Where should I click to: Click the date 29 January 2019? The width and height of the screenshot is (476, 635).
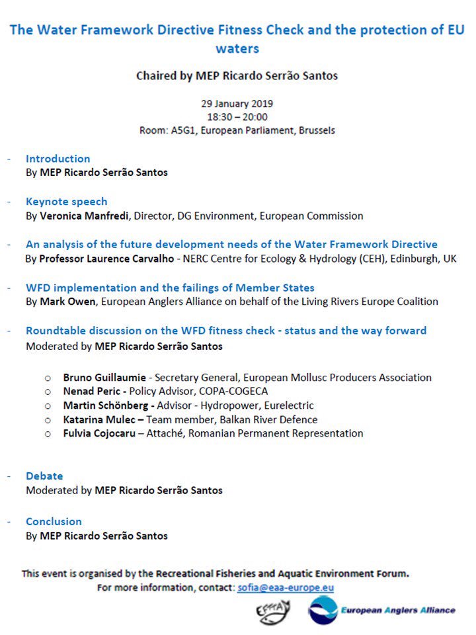(237, 104)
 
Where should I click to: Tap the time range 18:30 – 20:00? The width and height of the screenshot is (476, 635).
(237, 117)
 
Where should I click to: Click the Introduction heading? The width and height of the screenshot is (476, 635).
(58, 159)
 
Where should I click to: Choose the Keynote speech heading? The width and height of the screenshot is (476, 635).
(66, 202)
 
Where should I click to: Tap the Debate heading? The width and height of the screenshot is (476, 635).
(44, 476)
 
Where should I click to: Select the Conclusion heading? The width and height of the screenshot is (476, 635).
(54, 522)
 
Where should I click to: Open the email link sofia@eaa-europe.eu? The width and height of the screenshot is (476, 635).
(286, 587)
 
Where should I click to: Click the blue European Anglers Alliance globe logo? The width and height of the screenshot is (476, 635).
(323, 611)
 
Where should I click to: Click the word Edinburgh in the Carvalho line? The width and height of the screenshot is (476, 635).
(411, 259)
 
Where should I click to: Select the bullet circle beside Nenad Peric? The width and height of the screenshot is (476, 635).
(48, 392)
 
